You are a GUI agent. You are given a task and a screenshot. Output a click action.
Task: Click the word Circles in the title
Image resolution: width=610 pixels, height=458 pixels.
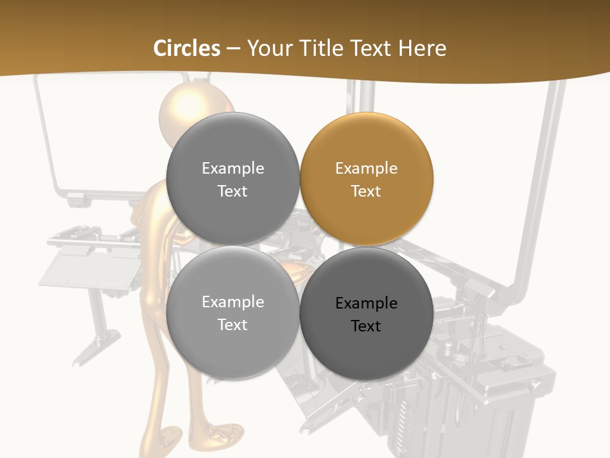[x=186, y=48]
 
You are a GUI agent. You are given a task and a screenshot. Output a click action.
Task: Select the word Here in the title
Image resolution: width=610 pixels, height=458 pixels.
[x=423, y=48]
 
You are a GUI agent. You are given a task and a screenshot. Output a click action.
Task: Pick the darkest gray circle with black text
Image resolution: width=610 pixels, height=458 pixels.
[x=366, y=313]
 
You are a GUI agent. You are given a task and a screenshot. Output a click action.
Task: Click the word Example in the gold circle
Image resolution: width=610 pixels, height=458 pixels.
[x=366, y=169]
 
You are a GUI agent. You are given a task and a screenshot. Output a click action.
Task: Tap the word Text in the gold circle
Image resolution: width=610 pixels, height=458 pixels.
[x=366, y=191]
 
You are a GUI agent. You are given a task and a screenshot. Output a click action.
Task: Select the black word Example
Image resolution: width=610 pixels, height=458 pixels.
[x=366, y=303]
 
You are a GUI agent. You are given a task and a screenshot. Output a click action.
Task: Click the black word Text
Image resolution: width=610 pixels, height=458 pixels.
[x=366, y=326]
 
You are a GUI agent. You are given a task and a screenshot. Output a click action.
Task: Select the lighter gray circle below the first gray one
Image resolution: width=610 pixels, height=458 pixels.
[x=233, y=313]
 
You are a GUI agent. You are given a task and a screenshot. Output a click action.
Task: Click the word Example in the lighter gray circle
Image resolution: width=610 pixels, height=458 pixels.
[x=233, y=302]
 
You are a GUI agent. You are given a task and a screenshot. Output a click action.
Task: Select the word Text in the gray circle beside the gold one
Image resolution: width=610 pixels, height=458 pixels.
[x=233, y=191]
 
